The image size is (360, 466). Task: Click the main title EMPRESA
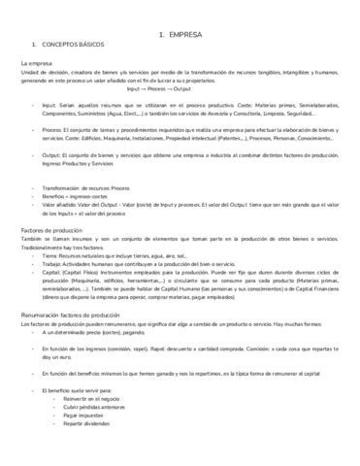184,33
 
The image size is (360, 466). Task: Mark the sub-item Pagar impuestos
86,416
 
